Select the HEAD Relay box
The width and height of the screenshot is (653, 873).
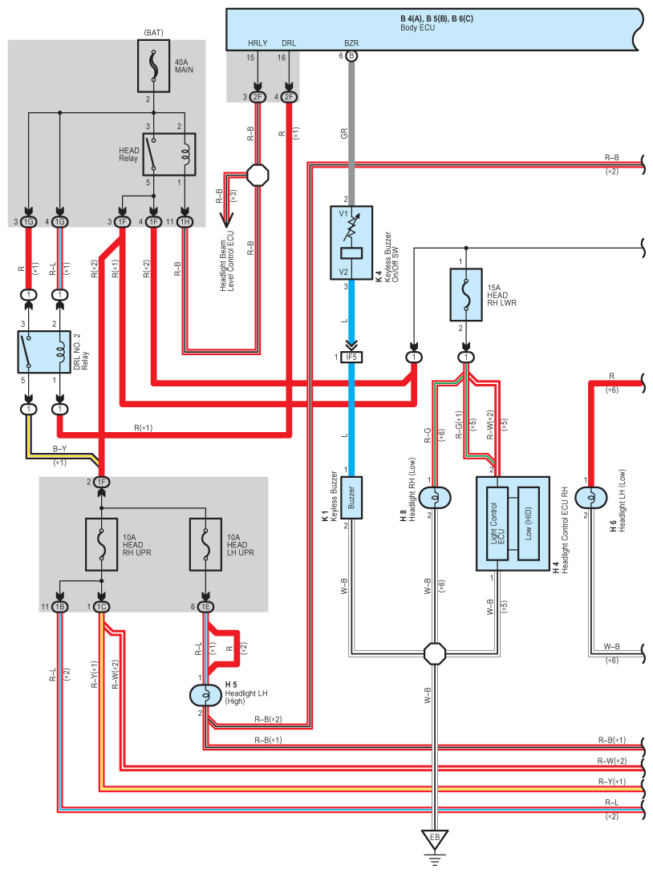[x=169, y=152]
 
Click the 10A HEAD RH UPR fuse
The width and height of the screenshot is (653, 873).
[x=102, y=545]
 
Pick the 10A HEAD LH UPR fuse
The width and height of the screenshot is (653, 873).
[x=206, y=545]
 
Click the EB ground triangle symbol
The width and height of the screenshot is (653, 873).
[x=435, y=840]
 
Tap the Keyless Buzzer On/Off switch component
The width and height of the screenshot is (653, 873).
[x=351, y=243]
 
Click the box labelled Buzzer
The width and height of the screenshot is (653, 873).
[x=351, y=498]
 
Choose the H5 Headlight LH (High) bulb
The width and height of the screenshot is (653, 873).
[x=206, y=694]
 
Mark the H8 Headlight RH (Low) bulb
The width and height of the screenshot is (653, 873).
[x=435, y=497]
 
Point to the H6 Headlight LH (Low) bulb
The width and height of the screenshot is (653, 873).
[x=592, y=497]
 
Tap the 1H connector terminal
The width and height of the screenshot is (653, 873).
[x=185, y=221]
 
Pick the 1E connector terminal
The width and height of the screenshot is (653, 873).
[x=206, y=607]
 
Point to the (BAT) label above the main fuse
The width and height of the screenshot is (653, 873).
[x=154, y=32]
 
